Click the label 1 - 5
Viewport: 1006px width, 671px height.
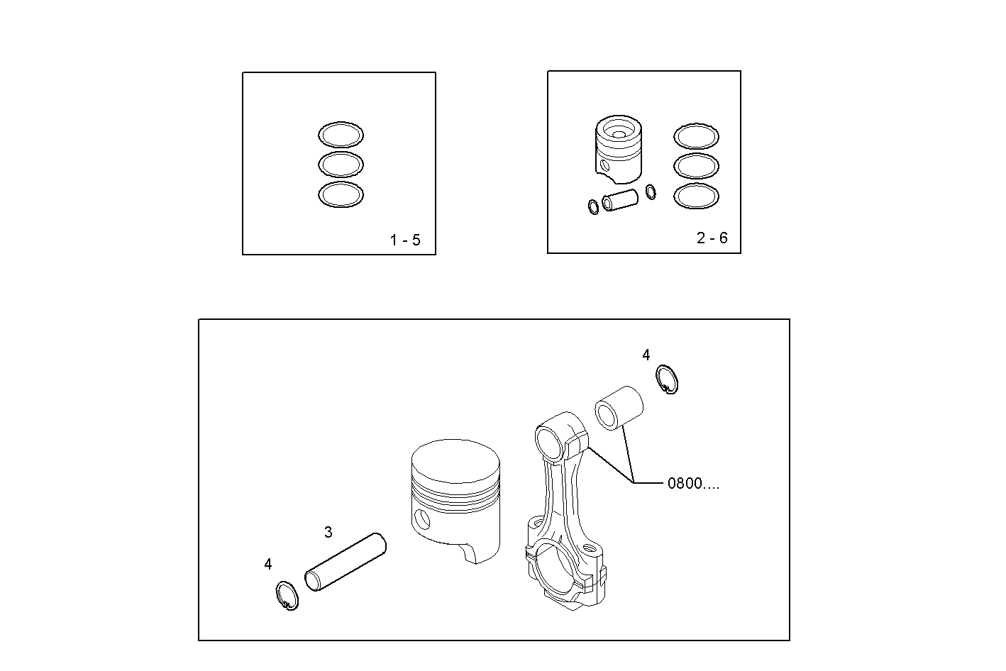tap(405, 240)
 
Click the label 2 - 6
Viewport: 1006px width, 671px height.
tap(712, 238)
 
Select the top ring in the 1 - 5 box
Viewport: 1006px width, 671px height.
tap(341, 134)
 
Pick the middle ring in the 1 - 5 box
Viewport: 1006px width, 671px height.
tap(341, 165)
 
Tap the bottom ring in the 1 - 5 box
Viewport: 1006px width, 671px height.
tap(341, 195)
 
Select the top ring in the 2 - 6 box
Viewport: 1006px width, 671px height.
tap(696, 136)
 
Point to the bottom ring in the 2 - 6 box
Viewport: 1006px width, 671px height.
tap(696, 196)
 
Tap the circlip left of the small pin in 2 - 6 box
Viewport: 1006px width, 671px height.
tap(593, 207)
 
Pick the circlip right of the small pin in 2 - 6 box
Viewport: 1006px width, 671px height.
tap(651, 192)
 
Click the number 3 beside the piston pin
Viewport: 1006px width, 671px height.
tap(328, 532)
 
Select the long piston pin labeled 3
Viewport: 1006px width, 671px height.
tap(346, 562)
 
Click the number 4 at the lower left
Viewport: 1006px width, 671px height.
tap(267, 565)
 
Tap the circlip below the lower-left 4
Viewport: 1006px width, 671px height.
tap(287, 595)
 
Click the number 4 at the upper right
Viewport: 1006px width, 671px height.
tap(646, 355)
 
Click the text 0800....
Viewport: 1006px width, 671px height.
tap(692, 484)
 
